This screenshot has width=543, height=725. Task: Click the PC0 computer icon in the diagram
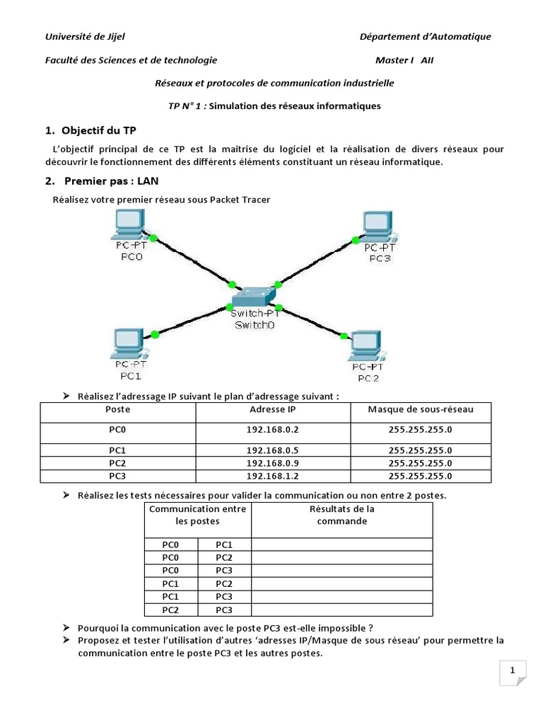point(129,227)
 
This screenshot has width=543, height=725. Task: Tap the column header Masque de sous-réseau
point(421,409)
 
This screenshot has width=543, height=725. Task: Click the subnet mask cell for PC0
point(421,429)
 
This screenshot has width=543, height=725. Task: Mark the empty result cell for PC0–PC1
point(341,544)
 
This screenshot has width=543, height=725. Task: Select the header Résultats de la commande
point(341,515)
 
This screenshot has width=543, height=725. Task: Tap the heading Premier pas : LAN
point(111,181)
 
